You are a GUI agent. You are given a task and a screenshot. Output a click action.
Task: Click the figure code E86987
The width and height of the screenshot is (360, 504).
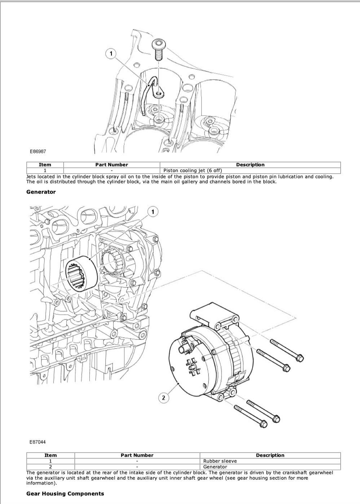[38, 152]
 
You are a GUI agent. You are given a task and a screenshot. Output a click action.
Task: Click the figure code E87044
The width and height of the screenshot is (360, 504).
[38, 442]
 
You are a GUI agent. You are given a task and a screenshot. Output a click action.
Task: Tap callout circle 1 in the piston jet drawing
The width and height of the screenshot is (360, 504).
[111, 54]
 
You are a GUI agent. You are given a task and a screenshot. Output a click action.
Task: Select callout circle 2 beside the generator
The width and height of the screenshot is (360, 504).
[163, 398]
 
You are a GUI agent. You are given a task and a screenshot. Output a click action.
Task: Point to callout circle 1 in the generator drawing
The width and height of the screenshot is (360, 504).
[153, 212]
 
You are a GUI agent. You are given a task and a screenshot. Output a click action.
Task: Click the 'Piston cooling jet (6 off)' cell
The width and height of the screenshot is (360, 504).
[193, 171]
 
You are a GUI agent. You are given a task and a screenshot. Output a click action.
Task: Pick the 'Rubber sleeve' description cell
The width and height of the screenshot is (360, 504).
[220, 461]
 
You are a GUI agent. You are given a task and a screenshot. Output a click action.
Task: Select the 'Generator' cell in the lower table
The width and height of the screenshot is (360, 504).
[215, 467]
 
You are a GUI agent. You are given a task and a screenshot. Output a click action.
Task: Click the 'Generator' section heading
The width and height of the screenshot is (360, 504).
[41, 192]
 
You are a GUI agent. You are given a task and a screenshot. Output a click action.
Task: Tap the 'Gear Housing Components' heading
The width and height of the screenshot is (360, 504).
[65, 494]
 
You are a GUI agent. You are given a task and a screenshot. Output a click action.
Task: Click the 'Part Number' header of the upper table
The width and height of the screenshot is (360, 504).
[111, 165]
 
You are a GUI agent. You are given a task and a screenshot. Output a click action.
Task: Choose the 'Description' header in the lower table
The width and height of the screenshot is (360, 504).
[270, 455]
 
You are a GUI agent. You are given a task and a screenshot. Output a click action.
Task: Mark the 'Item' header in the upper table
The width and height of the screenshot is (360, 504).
[45, 165]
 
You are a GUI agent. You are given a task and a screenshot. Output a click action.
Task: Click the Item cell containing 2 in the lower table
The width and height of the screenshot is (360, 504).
[50, 467]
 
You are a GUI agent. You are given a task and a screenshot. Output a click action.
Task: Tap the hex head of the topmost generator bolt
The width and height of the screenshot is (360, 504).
[299, 358]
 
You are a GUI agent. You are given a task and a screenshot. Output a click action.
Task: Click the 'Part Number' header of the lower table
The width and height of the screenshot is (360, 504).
[137, 455]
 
